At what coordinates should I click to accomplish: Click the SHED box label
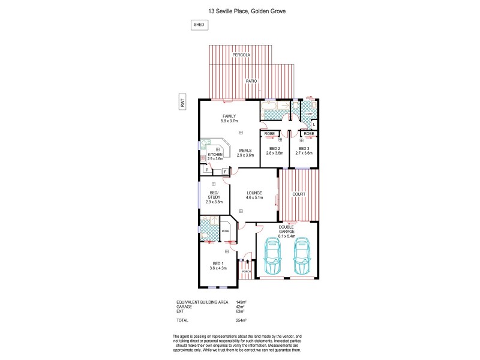click(198, 25)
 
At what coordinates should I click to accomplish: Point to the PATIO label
click(251, 80)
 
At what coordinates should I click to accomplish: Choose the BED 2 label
click(275, 148)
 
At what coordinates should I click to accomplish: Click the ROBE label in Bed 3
click(309, 133)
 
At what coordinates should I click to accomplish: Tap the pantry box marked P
click(206, 170)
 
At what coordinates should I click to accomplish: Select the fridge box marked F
click(225, 172)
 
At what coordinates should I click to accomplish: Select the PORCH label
click(246, 272)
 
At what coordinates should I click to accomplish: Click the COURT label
click(299, 194)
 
